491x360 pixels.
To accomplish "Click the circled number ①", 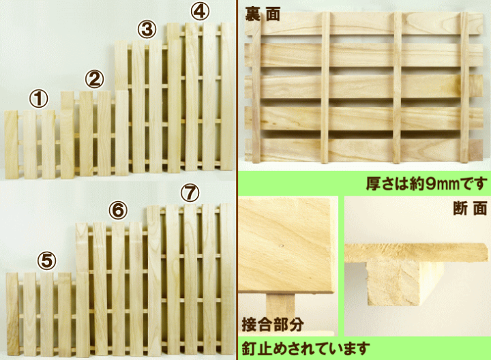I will click(39, 100).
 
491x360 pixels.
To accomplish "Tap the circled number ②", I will click(93, 79).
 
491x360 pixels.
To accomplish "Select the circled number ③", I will click(147, 29).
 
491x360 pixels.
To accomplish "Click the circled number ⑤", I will click(46, 260).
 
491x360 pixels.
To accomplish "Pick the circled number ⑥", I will click(119, 211).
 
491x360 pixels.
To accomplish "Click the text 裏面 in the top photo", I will click(263, 14).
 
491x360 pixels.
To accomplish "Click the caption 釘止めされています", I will click(306, 348).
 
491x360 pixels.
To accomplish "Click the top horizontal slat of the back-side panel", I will click(361, 25).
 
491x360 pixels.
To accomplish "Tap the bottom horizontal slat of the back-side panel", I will click(361, 149).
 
